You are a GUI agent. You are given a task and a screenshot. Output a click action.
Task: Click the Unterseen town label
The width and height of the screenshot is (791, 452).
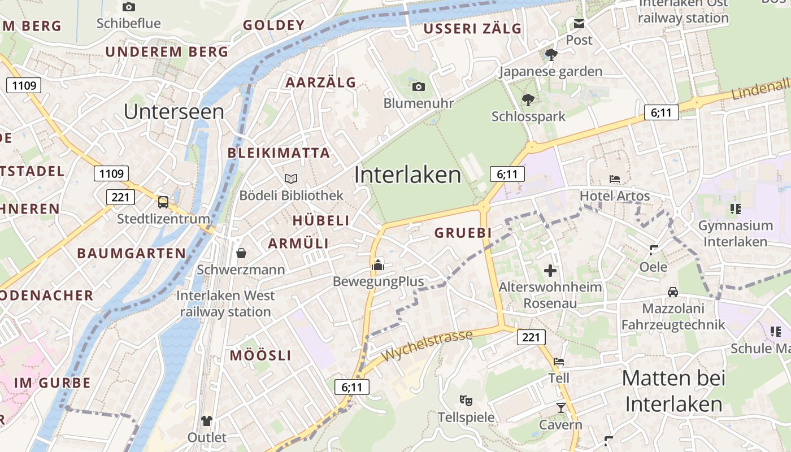[174, 111]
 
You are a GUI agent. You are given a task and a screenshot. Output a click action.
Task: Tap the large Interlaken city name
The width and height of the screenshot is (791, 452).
[408, 175]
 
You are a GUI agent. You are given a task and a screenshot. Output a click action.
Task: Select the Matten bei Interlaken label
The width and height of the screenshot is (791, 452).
[673, 391]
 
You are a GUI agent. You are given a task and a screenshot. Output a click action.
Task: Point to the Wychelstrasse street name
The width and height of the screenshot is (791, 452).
[427, 346]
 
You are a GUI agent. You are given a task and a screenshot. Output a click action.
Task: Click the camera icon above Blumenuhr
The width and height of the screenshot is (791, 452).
[418, 86]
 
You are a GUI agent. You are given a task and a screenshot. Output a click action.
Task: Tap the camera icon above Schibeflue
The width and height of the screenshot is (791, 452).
[129, 7]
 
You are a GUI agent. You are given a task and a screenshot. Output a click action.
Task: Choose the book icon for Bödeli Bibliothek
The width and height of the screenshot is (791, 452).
[291, 179]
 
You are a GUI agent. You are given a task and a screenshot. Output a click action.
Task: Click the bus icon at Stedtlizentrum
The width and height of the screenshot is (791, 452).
[163, 202]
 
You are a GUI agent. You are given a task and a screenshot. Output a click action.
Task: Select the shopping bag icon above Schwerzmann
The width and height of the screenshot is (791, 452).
[241, 253]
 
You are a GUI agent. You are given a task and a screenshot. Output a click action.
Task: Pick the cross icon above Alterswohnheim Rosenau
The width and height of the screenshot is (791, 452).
[550, 271]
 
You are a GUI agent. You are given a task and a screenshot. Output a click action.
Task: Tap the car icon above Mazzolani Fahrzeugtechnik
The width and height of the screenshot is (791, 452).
[673, 292]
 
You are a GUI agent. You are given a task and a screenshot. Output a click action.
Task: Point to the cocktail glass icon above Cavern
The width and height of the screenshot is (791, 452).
[560, 407]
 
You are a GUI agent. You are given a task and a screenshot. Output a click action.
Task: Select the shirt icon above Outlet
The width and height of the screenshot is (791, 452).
[207, 420]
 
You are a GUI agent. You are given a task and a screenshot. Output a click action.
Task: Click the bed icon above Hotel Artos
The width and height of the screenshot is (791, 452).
[615, 179]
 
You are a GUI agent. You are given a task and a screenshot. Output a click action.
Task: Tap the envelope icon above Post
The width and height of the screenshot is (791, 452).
[579, 24]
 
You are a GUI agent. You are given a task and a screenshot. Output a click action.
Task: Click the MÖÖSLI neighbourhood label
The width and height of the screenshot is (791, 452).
[260, 355]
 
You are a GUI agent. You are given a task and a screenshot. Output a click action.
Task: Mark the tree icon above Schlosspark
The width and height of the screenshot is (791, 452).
[528, 100]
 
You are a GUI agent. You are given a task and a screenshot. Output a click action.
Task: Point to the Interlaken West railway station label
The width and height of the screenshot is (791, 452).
[225, 303]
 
